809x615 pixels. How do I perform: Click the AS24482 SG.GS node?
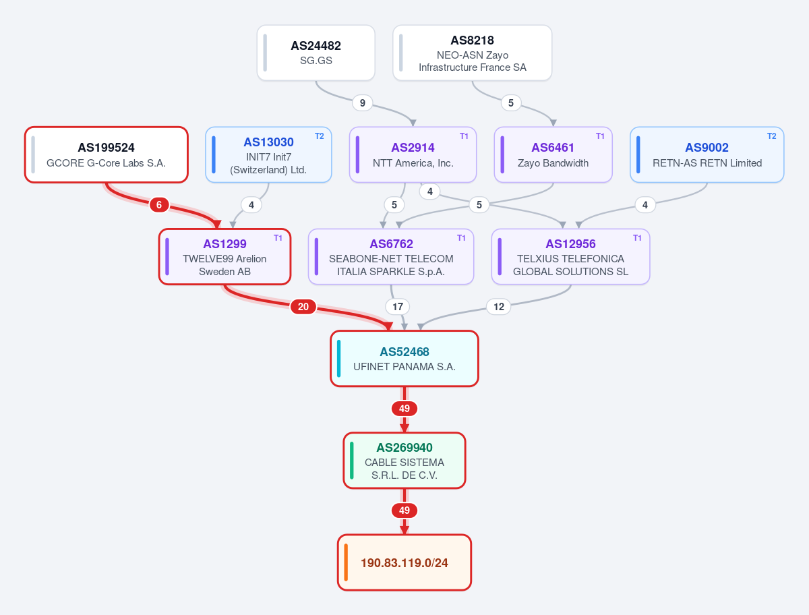click(x=316, y=53)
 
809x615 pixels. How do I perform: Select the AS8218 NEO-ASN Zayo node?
click(x=472, y=53)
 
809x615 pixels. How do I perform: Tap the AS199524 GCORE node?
click(x=106, y=155)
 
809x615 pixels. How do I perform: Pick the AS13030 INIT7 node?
click(x=268, y=155)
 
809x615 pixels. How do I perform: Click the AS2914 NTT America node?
click(x=413, y=155)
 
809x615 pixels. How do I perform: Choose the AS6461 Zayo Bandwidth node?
click(x=553, y=155)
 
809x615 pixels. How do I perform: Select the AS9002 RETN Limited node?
click(x=707, y=155)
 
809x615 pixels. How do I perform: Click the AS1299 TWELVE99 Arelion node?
click(x=224, y=257)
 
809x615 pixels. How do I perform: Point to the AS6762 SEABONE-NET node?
click(x=391, y=257)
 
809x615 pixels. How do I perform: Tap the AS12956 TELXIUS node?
click(x=570, y=257)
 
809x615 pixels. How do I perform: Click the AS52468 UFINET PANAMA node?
click(x=404, y=359)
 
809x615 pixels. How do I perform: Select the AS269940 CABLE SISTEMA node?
click(x=404, y=461)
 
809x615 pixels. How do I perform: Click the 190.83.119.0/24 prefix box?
click(x=404, y=562)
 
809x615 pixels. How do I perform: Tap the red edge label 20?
click(x=303, y=307)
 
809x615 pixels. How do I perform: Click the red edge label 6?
click(x=159, y=205)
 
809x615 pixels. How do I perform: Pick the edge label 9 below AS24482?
click(x=362, y=102)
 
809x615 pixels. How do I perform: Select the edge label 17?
click(x=397, y=307)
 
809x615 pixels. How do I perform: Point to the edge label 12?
click(x=499, y=307)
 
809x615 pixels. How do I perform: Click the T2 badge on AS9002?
click(x=772, y=136)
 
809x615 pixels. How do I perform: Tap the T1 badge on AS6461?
click(x=600, y=136)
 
